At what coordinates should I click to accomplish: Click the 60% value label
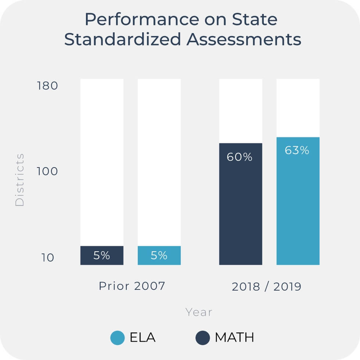coord(240,157)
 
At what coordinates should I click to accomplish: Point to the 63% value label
coord(297,151)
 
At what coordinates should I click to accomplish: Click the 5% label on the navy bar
coord(102,255)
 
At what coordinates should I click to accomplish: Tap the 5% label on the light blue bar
coord(159,255)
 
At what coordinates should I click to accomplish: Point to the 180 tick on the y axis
coord(47,86)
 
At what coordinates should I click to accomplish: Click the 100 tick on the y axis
coord(47,172)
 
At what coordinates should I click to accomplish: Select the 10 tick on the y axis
coord(48,258)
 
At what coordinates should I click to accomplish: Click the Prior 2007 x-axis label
coord(132,286)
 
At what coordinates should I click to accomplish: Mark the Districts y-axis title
coord(19,180)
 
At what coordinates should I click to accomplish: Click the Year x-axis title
coord(199,312)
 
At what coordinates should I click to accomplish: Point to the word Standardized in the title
coord(123,40)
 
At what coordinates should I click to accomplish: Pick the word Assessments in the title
coord(244,40)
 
